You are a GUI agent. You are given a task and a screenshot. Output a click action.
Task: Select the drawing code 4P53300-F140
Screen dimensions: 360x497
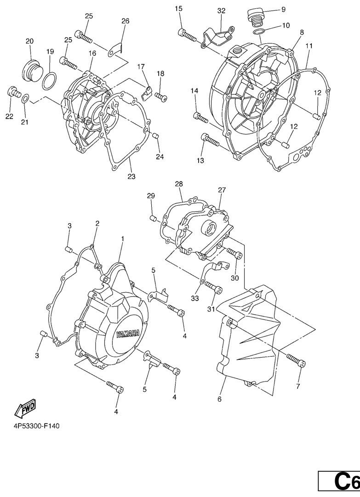click(x=36, y=426)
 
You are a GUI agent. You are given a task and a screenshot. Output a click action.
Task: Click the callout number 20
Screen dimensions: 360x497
click(x=30, y=41)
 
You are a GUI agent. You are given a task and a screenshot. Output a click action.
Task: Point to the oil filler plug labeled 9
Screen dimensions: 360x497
click(x=255, y=17)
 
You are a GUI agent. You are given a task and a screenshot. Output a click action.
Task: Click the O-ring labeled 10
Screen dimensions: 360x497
click(x=259, y=32)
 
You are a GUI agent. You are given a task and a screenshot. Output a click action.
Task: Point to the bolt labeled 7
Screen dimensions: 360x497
click(x=296, y=361)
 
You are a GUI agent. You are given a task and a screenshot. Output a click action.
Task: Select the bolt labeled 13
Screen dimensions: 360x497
click(x=210, y=140)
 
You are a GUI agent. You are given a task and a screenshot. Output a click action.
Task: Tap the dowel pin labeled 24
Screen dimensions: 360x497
click(x=155, y=136)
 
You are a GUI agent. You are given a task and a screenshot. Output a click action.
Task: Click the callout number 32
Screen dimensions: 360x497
click(x=221, y=11)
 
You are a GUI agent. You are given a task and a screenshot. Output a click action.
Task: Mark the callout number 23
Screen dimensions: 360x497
click(x=131, y=177)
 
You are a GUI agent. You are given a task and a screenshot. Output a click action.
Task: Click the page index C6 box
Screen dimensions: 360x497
click(x=339, y=482)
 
